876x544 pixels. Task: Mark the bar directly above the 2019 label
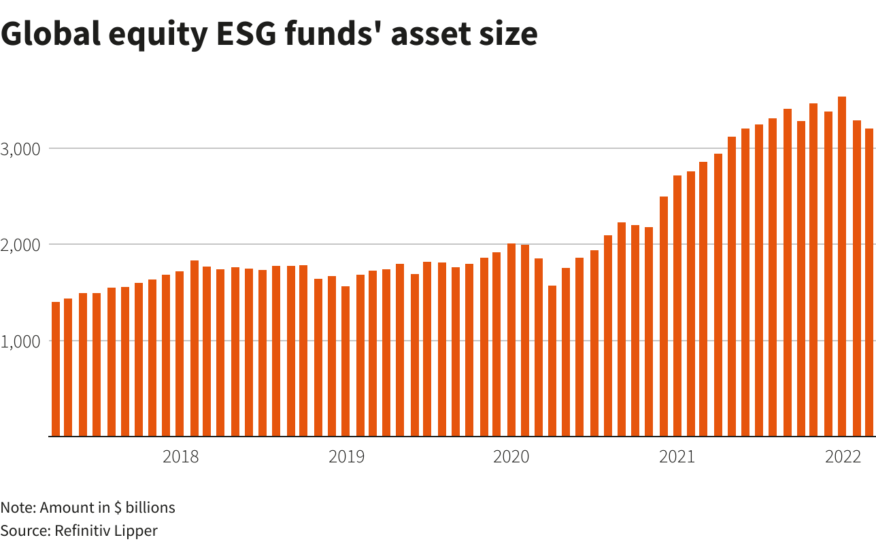346,361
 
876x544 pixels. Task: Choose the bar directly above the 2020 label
511,339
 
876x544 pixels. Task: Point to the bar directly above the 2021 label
677,306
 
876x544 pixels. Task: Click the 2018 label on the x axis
181,457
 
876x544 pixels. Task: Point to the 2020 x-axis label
511,457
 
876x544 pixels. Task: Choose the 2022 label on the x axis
843,457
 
